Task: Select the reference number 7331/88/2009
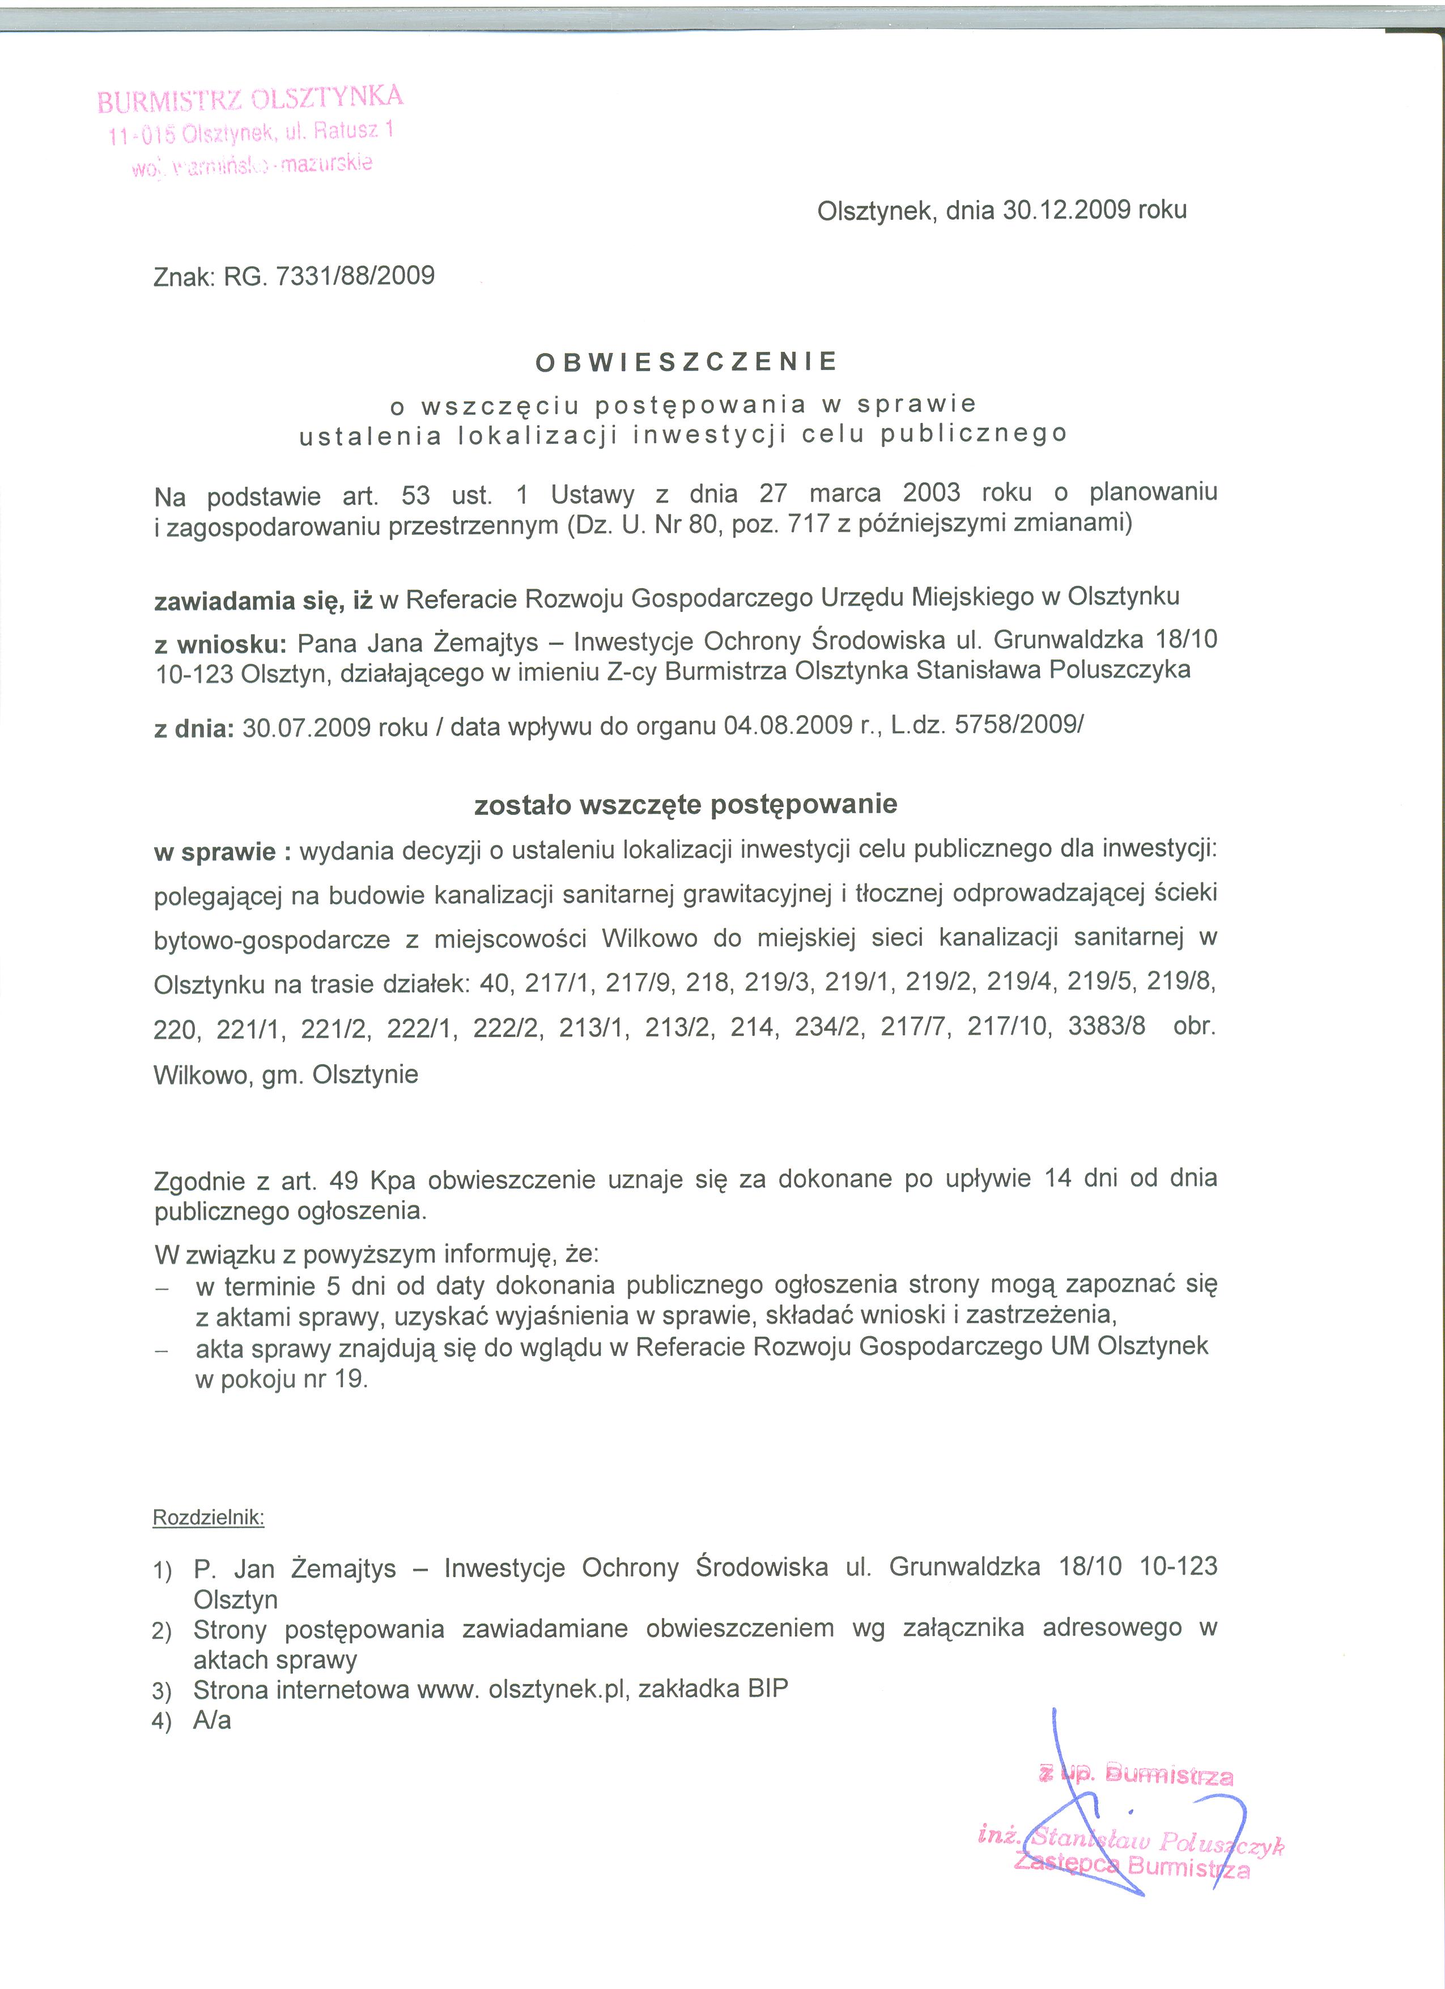point(355,277)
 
